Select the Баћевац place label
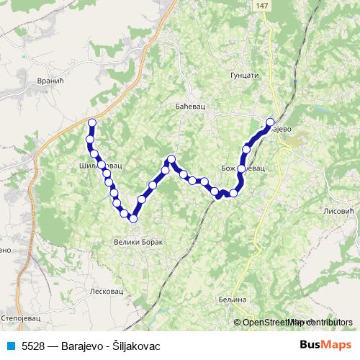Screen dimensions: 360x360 pyautogui.click(x=192, y=107)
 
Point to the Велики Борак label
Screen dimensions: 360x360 pyautogui.click(x=139, y=242)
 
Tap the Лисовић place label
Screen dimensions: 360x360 pyautogui.click(x=341, y=211)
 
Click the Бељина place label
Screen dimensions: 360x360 pyautogui.click(x=231, y=299)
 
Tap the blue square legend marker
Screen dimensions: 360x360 pyautogui.click(x=9, y=346)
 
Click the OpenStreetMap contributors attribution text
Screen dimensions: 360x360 pyautogui.click(x=297, y=323)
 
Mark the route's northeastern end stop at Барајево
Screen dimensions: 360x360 pyautogui.click(x=271, y=122)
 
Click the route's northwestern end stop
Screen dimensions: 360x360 pyautogui.click(x=91, y=122)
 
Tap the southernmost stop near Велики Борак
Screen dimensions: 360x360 pyautogui.click(x=133, y=217)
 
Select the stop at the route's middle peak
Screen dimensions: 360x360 pyautogui.click(x=171, y=159)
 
